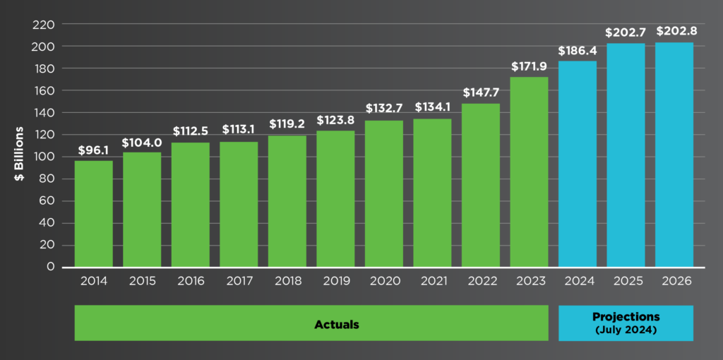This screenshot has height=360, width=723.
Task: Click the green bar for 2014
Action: coord(94,213)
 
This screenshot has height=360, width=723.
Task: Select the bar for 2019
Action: coord(335,198)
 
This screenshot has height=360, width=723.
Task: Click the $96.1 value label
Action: coord(94,150)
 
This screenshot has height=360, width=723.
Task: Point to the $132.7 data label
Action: coord(384,109)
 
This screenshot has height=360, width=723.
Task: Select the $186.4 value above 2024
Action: coord(577,51)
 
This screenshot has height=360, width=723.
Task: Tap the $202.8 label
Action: coord(674,32)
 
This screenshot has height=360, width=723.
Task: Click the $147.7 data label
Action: coord(481,92)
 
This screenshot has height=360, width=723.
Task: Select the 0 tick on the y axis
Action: coord(50,267)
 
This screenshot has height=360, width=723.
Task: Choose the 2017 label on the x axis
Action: coord(239,281)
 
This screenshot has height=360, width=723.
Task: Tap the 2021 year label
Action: coord(432,281)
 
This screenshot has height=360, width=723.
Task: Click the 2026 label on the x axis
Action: coord(674,281)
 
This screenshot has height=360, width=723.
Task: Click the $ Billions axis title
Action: coord(19,153)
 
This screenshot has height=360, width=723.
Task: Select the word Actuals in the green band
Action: coord(337,325)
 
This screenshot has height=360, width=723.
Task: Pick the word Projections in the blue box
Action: coord(626,317)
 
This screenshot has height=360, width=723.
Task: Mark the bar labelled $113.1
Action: coord(239,204)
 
